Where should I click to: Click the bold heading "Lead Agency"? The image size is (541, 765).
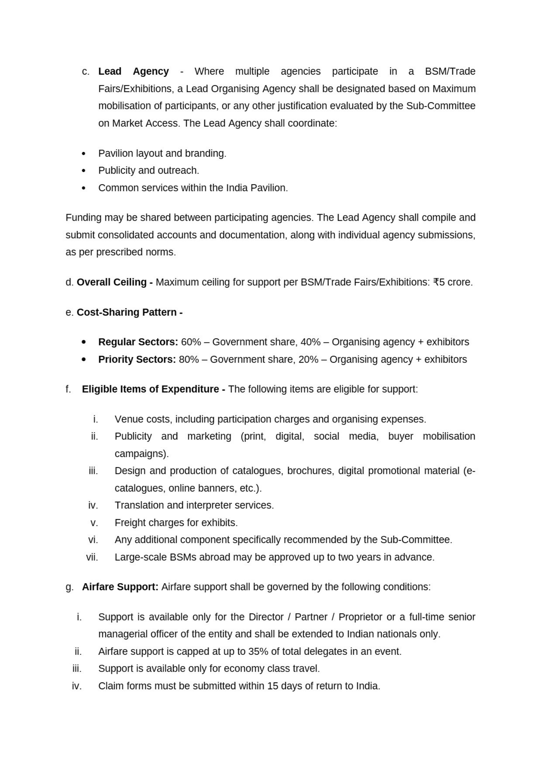(133, 72)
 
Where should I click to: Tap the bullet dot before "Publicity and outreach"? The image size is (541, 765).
(84, 171)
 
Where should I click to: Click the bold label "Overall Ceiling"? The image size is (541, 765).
(111, 282)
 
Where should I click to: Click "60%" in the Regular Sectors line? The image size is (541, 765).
(191, 342)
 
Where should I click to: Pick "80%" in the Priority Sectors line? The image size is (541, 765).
(189, 360)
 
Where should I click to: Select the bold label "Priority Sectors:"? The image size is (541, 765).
(137, 360)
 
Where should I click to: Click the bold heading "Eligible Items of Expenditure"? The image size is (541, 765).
(150, 389)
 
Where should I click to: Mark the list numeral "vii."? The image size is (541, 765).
(92, 557)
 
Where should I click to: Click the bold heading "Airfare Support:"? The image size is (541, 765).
(120, 587)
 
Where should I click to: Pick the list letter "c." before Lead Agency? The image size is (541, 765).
(86, 72)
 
